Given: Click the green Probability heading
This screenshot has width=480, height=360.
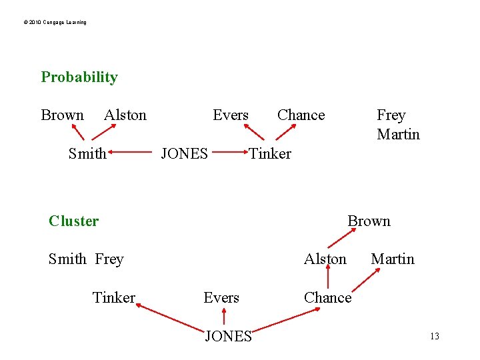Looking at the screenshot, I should [x=79, y=77].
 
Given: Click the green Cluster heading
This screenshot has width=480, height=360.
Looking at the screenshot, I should [x=73, y=221].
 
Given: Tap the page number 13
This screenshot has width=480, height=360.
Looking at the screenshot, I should [x=434, y=336].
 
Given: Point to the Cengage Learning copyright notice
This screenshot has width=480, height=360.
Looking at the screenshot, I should [x=55, y=23].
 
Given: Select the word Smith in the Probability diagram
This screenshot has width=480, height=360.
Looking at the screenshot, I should [x=87, y=153].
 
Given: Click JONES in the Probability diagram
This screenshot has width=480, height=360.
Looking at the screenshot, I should [x=185, y=153].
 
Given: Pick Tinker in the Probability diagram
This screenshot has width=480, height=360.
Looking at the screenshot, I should [x=270, y=153].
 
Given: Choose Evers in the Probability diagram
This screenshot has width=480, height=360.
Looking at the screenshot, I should [x=230, y=115].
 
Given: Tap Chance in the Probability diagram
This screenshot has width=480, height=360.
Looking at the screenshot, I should [x=301, y=115].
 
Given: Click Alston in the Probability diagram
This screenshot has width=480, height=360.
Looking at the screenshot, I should [x=125, y=115].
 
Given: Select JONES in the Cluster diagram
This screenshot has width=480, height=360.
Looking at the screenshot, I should [x=228, y=336].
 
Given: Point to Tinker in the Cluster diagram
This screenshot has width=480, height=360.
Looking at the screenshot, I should [x=114, y=297].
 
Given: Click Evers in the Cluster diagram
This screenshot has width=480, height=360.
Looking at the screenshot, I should [x=221, y=297].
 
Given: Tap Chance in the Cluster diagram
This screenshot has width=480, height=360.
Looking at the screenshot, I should [x=327, y=297].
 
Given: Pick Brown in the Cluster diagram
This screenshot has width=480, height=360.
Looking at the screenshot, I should [x=369, y=221].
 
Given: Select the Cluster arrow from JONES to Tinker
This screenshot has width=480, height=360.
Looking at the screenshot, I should [x=169, y=317].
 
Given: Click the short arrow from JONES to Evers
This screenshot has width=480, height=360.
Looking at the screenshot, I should [x=223, y=316].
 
